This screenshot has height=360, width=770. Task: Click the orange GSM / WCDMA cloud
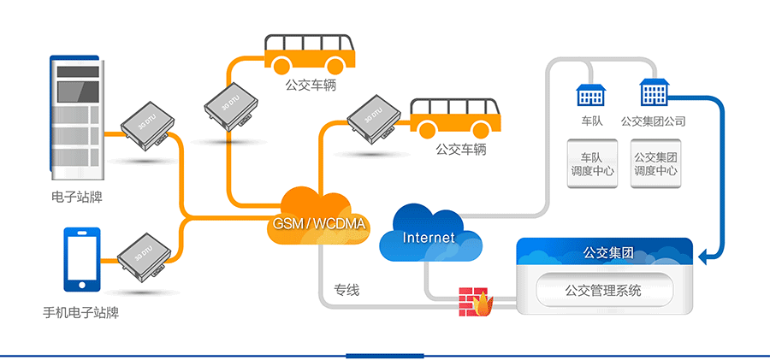tap(317, 218)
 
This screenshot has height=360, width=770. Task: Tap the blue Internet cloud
tap(429, 233)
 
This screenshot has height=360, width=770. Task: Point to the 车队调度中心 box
tap(591, 164)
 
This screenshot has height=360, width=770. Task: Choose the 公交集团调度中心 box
tap(656, 164)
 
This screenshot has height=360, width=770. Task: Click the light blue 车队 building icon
tap(591, 95)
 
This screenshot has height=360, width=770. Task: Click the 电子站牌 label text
tap(76, 198)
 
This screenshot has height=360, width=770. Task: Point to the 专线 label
tap(346, 290)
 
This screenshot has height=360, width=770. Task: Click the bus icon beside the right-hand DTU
tap(455, 118)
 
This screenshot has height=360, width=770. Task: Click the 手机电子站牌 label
tap(80, 312)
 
